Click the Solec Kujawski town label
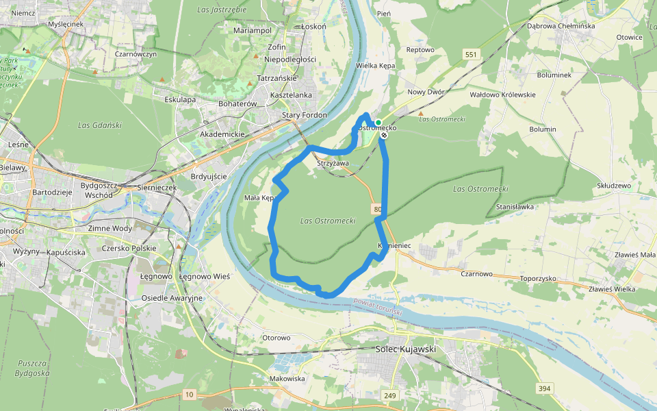[x=407, y=349]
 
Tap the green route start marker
[x=378, y=123]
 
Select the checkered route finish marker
[x=385, y=135]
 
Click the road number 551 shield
[x=471, y=54]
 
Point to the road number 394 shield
[x=544, y=388]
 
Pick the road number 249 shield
[x=389, y=395]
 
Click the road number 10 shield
[x=189, y=394]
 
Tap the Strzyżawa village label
[x=333, y=164]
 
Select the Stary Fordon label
[x=305, y=115]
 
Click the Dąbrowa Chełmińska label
[x=561, y=26]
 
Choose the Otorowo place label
[x=276, y=338]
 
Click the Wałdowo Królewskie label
[x=502, y=95]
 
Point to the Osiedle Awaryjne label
[x=172, y=298]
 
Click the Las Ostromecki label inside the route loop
[x=328, y=221]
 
